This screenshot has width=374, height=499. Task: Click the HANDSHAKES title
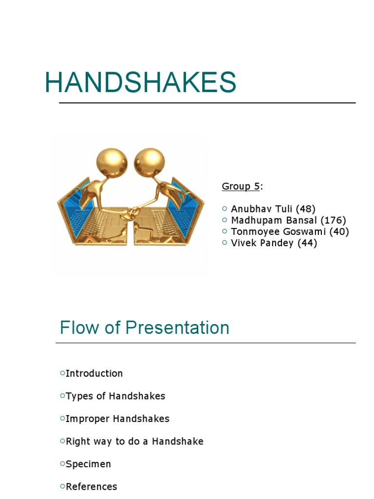coord(140,82)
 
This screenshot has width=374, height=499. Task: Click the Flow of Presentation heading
coord(144,327)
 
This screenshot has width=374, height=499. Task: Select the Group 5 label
coord(241,186)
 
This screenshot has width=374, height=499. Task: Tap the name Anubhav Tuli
coord(262,209)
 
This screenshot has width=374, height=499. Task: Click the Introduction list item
coord(94,373)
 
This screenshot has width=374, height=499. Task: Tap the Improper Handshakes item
coord(117,419)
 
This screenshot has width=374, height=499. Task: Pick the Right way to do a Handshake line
coord(134,441)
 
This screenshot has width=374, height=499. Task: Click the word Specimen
coord(88,464)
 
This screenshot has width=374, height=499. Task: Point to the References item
coord(92,486)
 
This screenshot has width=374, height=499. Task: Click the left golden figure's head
coord(112,162)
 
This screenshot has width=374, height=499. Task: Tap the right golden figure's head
coord(150,162)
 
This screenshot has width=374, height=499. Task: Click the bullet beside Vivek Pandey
coord(224,243)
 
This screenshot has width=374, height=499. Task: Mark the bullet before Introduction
coord(62,373)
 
